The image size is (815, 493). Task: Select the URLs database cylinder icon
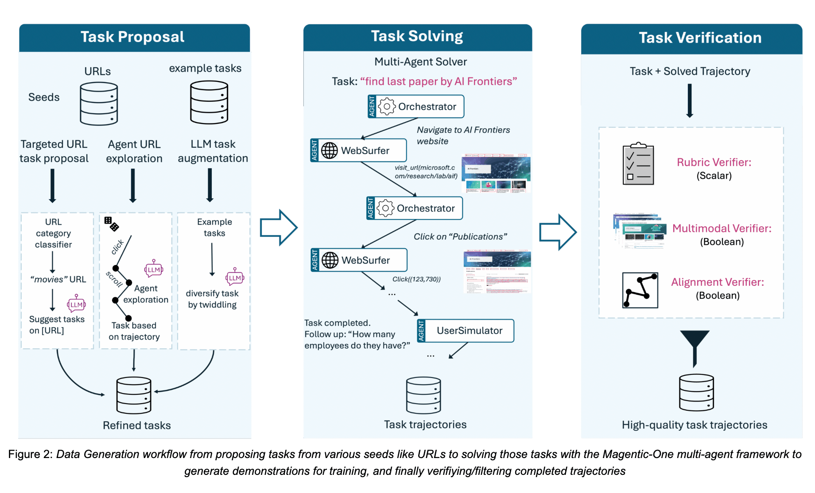click(x=99, y=104)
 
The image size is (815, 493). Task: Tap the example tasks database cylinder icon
click(x=209, y=102)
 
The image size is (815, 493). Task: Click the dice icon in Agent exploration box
click(x=111, y=223)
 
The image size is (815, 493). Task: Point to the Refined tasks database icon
click(x=134, y=395)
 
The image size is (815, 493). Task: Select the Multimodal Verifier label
click(x=722, y=228)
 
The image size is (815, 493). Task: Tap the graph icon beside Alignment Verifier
click(x=640, y=290)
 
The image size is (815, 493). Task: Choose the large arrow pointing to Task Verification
click(x=558, y=232)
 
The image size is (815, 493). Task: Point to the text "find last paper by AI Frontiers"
click(x=439, y=81)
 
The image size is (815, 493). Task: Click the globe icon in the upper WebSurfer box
click(x=329, y=150)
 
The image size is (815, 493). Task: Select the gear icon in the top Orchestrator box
click(x=387, y=107)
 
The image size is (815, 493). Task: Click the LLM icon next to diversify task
click(x=235, y=277)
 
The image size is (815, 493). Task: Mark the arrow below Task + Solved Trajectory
click(x=689, y=101)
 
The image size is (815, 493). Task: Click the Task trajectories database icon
click(x=423, y=395)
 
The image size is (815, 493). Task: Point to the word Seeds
click(x=44, y=97)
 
